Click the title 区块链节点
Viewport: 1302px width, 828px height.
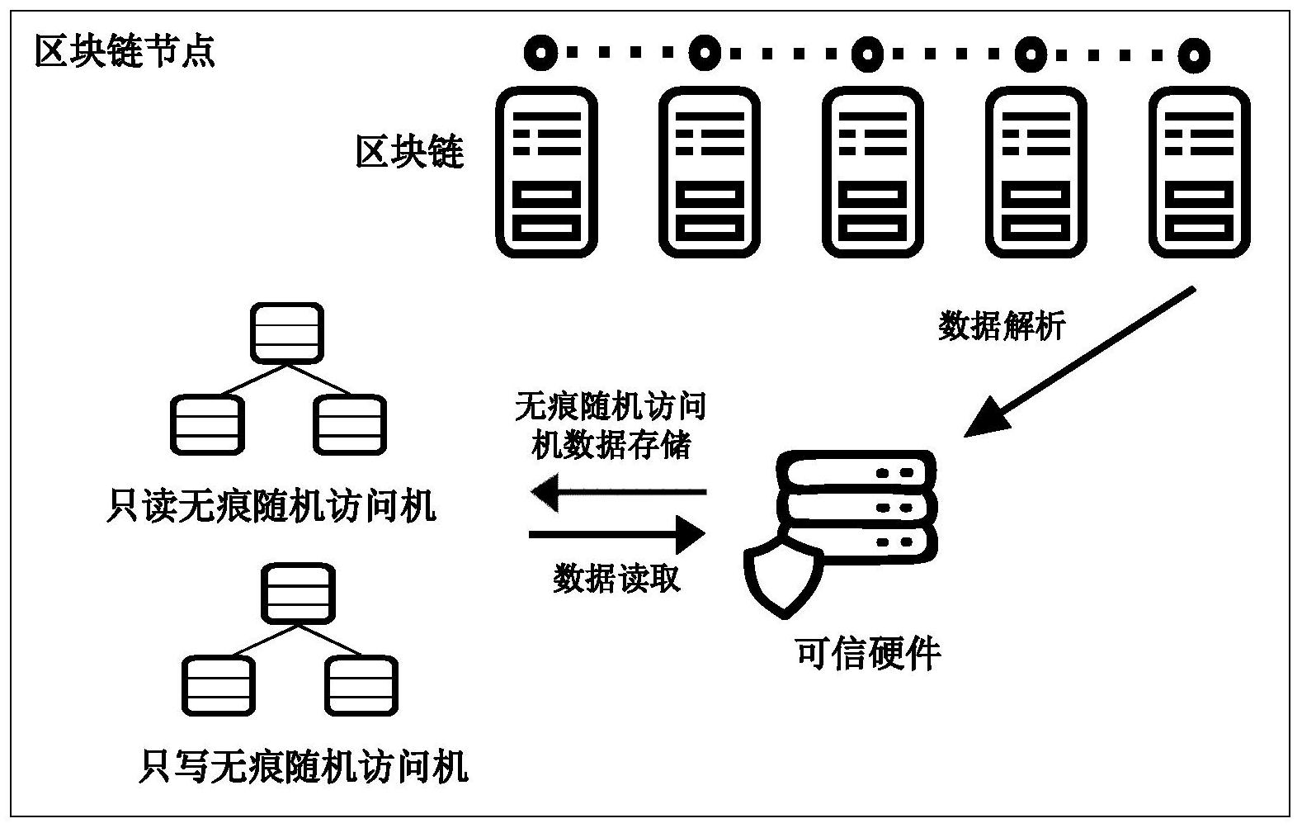pyautogui.click(x=125, y=52)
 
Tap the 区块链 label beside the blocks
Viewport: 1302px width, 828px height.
pyautogui.click(x=409, y=153)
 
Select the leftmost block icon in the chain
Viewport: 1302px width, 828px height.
pyautogui.click(x=546, y=173)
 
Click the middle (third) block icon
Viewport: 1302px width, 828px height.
pyautogui.click(x=873, y=173)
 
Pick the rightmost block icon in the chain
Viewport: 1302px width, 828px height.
pyautogui.click(x=1200, y=173)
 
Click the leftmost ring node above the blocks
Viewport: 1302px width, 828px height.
pyautogui.click(x=540, y=54)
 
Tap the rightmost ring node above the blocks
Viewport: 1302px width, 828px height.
pyautogui.click(x=1193, y=55)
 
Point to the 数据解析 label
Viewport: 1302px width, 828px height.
pyautogui.click(x=1002, y=326)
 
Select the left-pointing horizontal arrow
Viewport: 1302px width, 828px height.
pyautogui.click(x=618, y=493)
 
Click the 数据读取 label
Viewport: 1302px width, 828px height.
pyautogui.click(x=616, y=579)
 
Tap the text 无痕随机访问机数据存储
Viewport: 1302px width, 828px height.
pyautogui.click(x=610, y=426)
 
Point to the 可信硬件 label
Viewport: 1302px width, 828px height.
pyautogui.click(x=867, y=654)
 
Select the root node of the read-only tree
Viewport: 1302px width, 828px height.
pyautogui.click(x=286, y=333)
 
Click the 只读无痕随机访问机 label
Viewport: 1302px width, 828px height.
pyautogui.click(x=271, y=505)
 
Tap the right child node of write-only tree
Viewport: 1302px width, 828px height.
pyautogui.click(x=361, y=686)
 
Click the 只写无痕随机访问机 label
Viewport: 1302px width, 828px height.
pyautogui.click(x=304, y=765)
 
